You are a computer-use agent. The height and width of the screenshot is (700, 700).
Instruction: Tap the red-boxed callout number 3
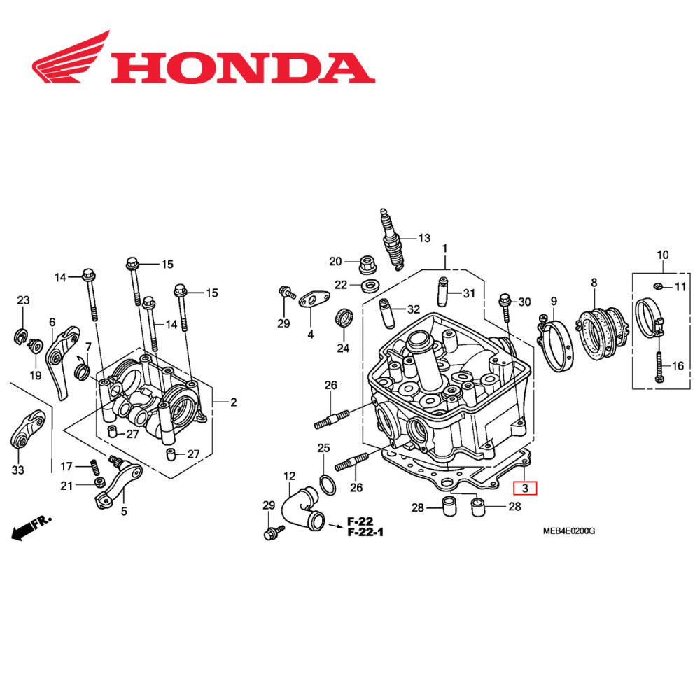click(x=525, y=487)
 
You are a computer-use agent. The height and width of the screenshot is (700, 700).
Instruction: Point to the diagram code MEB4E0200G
click(x=568, y=531)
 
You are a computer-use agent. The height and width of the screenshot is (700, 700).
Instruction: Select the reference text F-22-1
click(x=365, y=533)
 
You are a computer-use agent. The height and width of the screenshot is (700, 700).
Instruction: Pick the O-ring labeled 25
click(x=327, y=483)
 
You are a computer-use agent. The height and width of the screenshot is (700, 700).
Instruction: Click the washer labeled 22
click(x=367, y=286)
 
